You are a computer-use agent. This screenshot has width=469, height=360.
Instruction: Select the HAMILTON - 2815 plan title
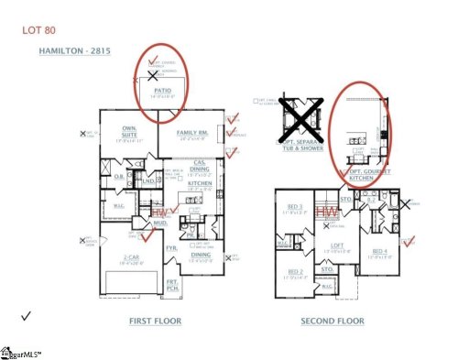pos(74,51)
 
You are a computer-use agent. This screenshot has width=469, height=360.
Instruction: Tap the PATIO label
pos(162,91)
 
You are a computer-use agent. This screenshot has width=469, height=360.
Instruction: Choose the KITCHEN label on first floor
pos(200,183)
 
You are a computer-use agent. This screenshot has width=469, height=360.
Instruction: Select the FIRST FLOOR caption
pos(155,322)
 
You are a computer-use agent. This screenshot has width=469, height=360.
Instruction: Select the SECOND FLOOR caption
pos(333,322)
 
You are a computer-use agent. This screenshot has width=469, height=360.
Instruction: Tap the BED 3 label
pos(295,208)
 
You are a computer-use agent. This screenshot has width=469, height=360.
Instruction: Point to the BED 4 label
pos(380,250)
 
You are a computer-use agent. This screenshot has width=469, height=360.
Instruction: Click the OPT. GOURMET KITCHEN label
pos(364,171)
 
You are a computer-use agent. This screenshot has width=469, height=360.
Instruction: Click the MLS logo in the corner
pos(25,351)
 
